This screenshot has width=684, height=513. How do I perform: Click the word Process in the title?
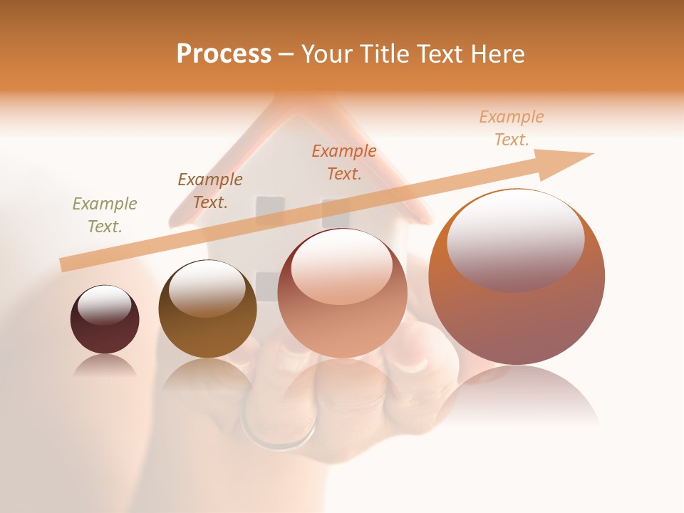[224, 53]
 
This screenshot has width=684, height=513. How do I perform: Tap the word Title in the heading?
[383, 53]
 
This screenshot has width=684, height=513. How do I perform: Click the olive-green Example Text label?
[105, 215]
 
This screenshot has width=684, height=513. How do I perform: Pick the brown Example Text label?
[210, 191]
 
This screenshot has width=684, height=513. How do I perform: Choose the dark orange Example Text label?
[344, 162]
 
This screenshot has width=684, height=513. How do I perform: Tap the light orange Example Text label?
[512, 128]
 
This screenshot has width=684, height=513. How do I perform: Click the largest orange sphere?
[517, 321]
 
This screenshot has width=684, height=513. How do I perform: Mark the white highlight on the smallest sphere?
[105, 306]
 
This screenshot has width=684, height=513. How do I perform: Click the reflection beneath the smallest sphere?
[105, 366]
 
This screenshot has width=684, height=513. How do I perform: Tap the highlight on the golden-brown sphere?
[207, 289]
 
